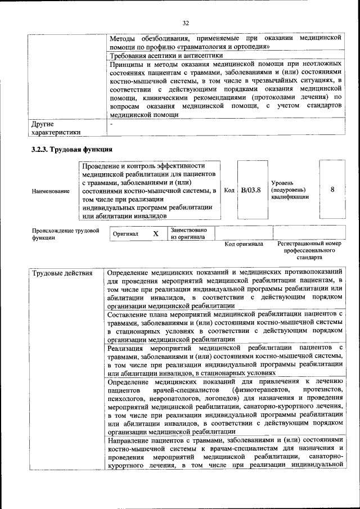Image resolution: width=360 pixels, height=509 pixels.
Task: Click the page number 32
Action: coord(186,22)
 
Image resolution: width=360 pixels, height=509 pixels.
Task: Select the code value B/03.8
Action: coord(251,190)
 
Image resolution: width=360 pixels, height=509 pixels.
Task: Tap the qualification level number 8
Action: coord(332,190)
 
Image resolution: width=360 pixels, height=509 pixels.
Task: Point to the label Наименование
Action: coord(51,191)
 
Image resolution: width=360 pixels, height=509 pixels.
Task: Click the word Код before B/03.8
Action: coord(229,191)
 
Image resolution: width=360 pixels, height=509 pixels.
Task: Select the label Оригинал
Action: coord(126,234)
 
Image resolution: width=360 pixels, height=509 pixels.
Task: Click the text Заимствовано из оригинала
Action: coord(188,233)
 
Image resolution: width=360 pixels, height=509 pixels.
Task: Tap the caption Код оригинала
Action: coord(244,244)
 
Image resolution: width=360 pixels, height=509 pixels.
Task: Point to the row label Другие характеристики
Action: coord(56,128)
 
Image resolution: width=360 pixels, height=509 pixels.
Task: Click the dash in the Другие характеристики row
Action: coord(112,123)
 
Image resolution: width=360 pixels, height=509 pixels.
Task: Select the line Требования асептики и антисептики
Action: coord(166,56)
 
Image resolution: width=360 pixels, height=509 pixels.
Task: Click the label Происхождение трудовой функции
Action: coord(65,234)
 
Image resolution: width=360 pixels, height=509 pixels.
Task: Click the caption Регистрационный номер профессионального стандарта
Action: coord(309,250)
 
